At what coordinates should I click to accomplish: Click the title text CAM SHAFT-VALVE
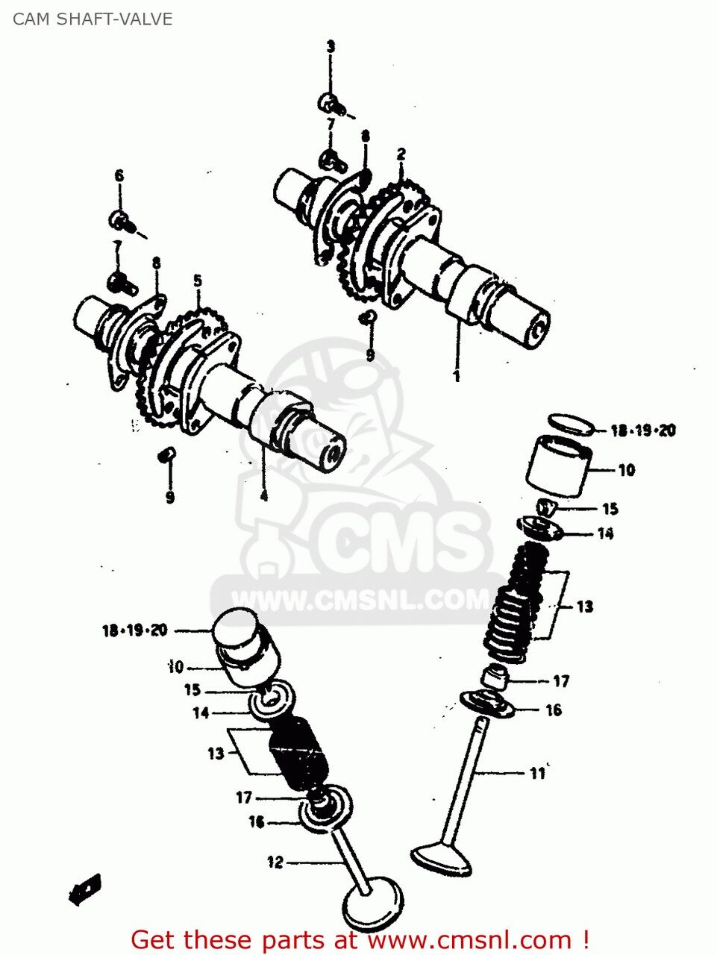click(93, 19)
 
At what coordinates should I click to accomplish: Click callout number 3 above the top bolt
click(331, 46)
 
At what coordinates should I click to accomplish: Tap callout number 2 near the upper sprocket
click(401, 154)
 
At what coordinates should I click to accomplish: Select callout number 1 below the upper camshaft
click(457, 377)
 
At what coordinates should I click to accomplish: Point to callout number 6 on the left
click(119, 176)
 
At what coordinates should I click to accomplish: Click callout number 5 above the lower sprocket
click(198, 281)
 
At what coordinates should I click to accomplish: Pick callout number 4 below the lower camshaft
click(263, 495)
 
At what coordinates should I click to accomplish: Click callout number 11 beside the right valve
click(538, 774)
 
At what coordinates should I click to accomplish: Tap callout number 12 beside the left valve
click(275, 862)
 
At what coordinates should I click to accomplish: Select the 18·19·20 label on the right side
click(642, 430)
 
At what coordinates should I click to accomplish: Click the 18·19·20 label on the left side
click(134, 631)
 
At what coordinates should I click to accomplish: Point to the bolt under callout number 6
click(122, 220)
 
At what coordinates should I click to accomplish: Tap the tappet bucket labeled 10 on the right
click(559, 466)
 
